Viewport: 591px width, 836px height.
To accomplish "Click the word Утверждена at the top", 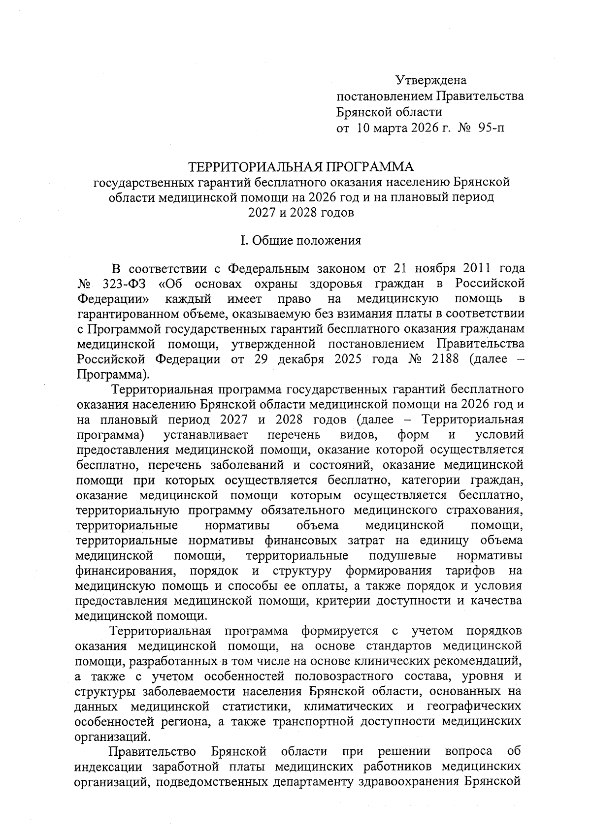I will (431, 80).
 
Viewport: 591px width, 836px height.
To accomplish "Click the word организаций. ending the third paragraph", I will (111, 737).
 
